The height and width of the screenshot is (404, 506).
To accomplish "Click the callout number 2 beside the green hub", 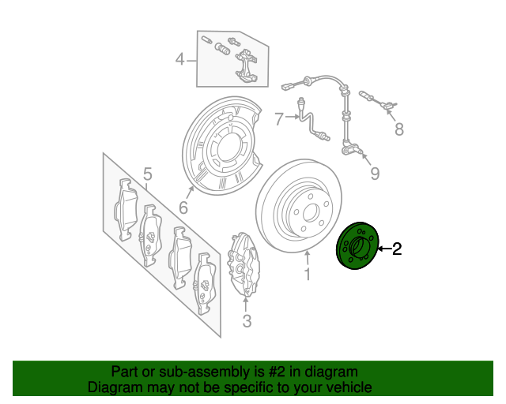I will pyautogui.click(x=397, y=249).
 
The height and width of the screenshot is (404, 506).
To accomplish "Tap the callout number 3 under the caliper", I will pyautogui.click(x=247, y=320).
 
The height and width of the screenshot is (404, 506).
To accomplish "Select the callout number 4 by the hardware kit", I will pyautogui.click(x=180, y=59).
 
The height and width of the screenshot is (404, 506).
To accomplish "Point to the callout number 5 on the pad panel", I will pyautogui.click(x=146, y=174).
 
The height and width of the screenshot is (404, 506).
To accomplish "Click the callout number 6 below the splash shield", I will pyautogui.click(x=183, y=208).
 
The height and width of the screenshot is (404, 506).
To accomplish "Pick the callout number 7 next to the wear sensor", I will pyautogui.click(x=278, y=119).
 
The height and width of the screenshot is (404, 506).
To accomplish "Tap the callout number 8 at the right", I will pyautogui.click(x=398, y=129).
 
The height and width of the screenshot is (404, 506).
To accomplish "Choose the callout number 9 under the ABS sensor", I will pyautogui.click(x=375, y=173).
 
